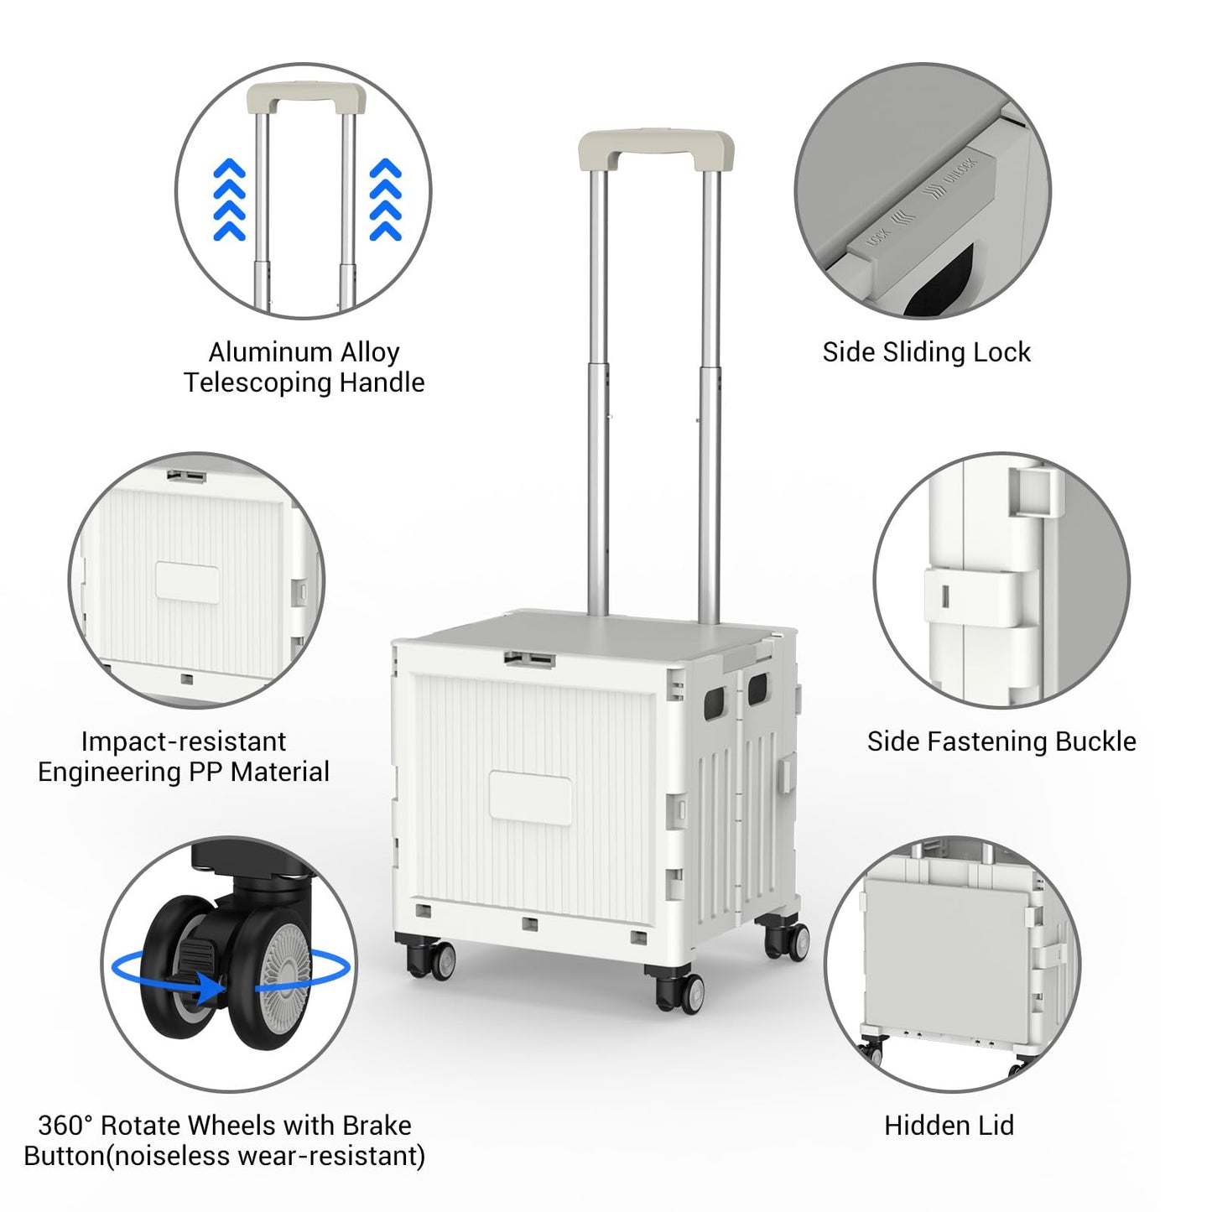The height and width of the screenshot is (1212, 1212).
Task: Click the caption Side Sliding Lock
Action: [926, 352]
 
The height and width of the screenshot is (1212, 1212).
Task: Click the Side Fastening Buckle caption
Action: [1001, 741]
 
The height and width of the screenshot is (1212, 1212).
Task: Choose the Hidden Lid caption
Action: [949, 1125]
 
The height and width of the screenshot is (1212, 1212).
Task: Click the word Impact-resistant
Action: [184, 741]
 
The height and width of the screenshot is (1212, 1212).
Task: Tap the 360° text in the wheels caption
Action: [64, 1125]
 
